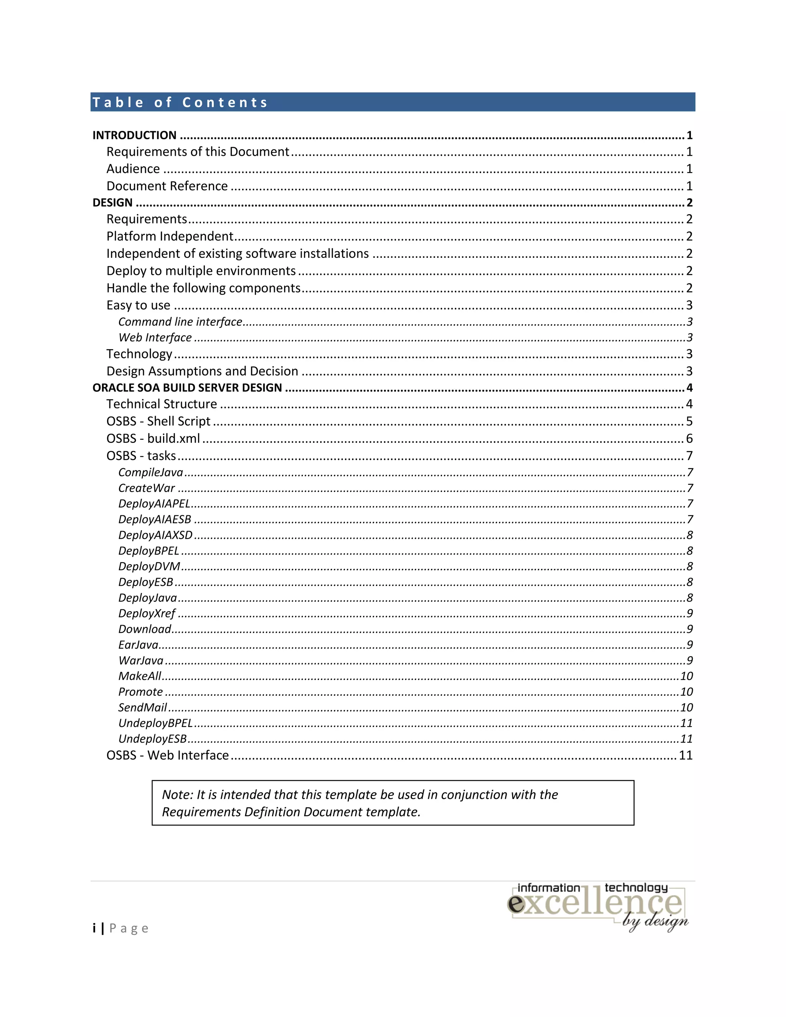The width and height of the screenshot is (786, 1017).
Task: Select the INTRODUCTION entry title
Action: point(134,135)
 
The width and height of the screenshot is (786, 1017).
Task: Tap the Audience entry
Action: point(133,168)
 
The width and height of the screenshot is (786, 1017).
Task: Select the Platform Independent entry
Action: point(170,236)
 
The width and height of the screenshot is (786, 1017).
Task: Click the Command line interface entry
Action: point(180,322)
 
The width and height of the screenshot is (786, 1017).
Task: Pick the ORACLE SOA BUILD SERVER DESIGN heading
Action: point(187,388)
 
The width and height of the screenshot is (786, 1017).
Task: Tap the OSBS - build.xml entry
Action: point(153,439)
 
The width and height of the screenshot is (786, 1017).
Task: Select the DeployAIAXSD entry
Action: point(155,535)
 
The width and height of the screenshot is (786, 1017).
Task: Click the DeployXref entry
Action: point(147,613)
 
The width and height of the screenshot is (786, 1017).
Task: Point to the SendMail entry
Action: point(142,707)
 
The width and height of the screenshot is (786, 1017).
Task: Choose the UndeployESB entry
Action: point(152,739)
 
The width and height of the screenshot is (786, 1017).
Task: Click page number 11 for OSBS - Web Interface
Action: point(685,755)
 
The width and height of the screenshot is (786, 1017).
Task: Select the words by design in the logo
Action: point(655,921)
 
